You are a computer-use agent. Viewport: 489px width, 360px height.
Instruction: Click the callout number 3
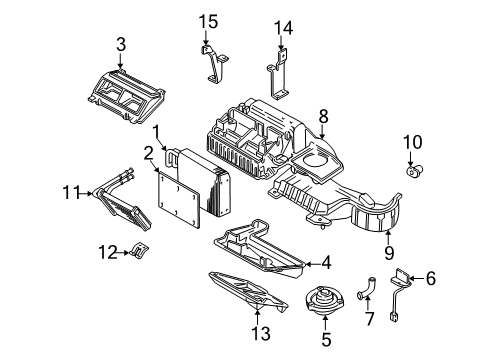[121, 43]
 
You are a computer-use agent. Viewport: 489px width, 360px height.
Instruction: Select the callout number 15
[207, 20]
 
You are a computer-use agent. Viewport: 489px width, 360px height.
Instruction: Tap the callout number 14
[284, 26]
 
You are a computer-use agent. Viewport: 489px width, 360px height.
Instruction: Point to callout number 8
[323, 116]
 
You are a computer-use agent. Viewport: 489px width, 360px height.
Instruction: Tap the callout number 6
[432, 281]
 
